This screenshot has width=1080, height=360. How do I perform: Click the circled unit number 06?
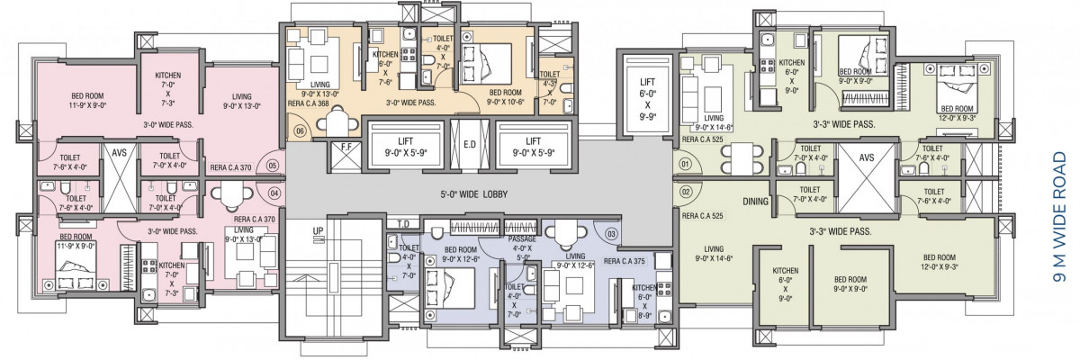coord(301,131)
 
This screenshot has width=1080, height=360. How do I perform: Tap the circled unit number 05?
coord(273,166)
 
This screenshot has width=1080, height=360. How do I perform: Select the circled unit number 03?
coord(611,234)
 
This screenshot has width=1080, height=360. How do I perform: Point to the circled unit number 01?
coord(685,165)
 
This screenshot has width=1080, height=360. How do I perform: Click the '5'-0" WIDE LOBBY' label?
coord(473,194)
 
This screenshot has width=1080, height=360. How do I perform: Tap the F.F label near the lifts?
coord(346,148)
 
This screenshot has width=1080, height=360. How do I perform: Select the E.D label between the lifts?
coord(470,144)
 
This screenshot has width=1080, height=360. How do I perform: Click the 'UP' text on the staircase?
coord(318,230)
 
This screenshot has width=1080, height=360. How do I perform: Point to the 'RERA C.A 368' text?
coord(308,103)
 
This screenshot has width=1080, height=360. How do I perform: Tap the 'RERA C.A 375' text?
coord(624,261)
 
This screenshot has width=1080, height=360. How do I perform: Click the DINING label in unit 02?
coord(755,202)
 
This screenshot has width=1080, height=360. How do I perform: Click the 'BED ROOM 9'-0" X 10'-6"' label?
coord(505,97)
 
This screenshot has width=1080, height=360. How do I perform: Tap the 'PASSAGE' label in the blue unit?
coord(522,239)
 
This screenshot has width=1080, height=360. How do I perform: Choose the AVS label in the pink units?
coord(119,153)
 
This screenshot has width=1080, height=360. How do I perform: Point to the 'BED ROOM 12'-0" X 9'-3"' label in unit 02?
coord(940,262)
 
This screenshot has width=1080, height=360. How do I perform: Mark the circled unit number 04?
coord(274,193)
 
